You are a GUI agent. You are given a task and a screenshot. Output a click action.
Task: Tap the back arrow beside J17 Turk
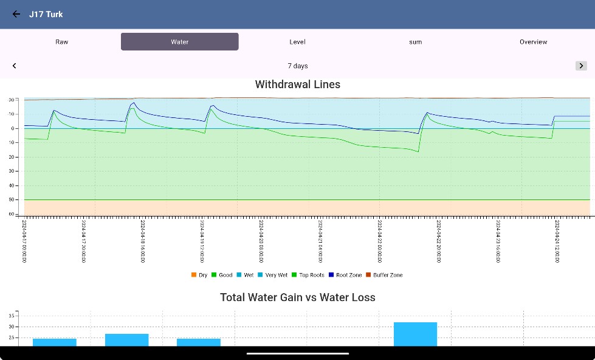(x=16, y=14)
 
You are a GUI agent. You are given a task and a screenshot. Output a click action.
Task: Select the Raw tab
(x=62, y=42)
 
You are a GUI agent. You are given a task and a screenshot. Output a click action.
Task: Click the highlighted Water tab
(x=179, y=42)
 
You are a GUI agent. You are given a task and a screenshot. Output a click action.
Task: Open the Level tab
(x=297, y=42)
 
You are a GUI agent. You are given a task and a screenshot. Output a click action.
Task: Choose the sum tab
(x=415, y=42)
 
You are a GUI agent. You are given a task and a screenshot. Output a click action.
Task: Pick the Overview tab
(x=533, y=42)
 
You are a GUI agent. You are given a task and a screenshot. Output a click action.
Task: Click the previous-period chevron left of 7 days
(x=15, y=66)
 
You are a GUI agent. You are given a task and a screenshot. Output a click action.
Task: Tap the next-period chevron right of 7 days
(x=581, y=66)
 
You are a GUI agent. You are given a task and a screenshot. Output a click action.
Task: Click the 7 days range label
(x=298, y=66)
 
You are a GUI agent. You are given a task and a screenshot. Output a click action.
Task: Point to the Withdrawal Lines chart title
(x=298, y=85)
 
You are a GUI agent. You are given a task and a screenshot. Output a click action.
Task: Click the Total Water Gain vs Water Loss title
(x=298, y=297)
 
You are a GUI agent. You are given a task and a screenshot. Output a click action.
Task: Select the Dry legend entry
(x=199, y=275)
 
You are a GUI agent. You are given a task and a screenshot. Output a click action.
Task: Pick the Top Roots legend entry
(x=308, y=275)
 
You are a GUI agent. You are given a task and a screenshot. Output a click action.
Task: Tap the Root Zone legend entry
(x=346, y=275)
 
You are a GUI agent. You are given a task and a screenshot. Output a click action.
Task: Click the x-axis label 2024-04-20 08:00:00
(x=261, y=241)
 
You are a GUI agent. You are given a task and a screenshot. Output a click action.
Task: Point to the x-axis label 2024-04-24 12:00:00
(x=557, y=241)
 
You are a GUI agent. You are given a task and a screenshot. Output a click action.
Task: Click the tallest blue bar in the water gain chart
(x=415, y=334)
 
